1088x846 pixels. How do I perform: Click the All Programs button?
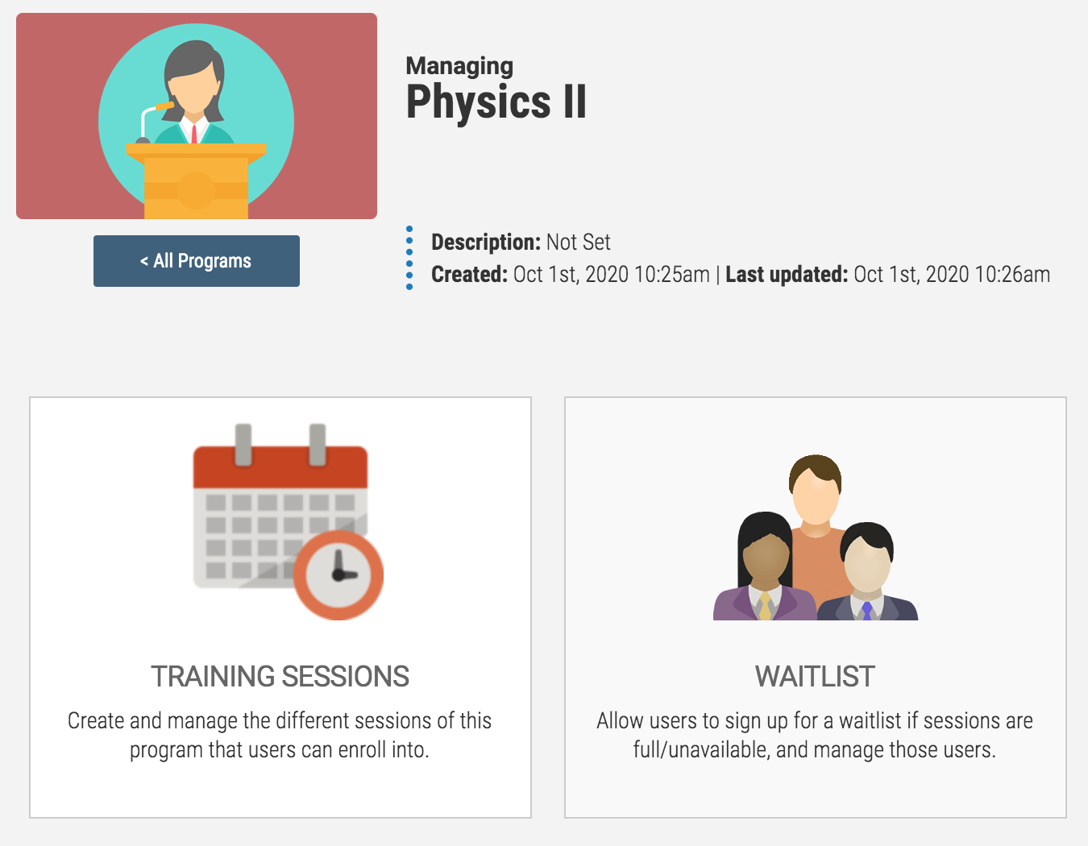(197, 261)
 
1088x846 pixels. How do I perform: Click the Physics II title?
(496, 102)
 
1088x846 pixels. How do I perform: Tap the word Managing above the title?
(459, 67)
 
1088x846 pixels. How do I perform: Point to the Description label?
(486, 243)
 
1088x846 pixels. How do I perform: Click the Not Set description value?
(579, 243)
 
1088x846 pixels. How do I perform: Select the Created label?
(469, 274)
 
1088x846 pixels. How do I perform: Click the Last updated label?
(787, 274)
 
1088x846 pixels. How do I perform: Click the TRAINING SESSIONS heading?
(280, 676)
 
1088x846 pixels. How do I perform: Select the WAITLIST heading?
(815, 676)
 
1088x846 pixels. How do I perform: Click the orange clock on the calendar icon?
(338, 575)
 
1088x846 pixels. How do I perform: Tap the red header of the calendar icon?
(280, 467)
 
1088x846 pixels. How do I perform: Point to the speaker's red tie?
(194, 134)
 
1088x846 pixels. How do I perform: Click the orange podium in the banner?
(197, 180)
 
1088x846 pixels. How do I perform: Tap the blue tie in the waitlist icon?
(866, 612)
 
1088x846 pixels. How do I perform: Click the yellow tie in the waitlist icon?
(765, 607)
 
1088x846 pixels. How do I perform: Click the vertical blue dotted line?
(409, 258)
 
